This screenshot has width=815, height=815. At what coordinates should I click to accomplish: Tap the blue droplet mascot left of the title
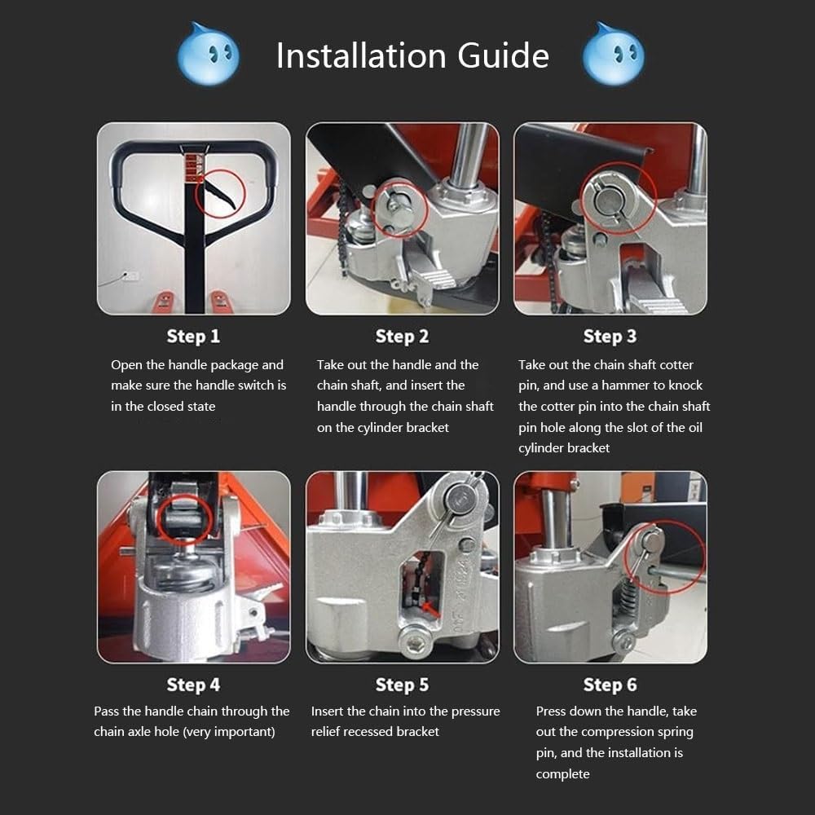pos(209,55)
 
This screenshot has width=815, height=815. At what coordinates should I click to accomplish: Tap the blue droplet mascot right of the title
pos(613,55)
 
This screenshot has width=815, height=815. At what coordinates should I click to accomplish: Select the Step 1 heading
pos(193,336)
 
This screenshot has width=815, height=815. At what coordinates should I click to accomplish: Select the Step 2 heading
pos(402,336)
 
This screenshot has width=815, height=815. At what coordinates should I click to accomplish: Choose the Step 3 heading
pos(610,336)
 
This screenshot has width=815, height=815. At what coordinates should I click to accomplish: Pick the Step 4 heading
pos(193,685)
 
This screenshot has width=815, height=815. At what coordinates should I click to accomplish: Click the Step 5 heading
pos(402,685)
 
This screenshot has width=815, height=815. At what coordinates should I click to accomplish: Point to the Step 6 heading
pos(610,685)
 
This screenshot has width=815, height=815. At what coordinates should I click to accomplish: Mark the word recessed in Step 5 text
pos(371,732)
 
